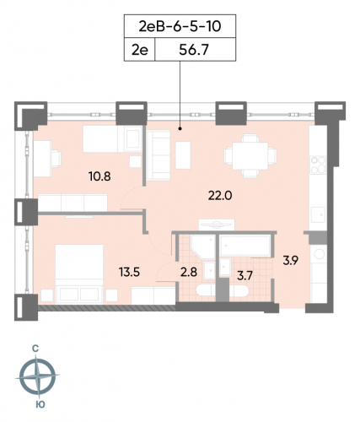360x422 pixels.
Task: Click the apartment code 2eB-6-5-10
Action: (180, 27)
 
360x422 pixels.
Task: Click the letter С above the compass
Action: (39, 348)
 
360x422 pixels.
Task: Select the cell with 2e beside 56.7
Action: (140, 51)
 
